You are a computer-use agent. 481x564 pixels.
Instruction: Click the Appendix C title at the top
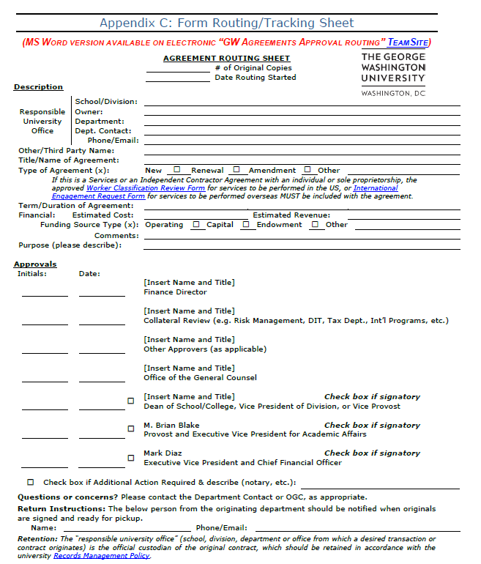[x=226, y=23]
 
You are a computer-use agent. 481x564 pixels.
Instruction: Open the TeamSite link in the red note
[x=408, y=42]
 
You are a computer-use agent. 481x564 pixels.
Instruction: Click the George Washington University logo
[x=393, y=74]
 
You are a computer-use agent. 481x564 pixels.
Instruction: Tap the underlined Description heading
[x=38, y=87]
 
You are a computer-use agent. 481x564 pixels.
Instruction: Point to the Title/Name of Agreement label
[x=69, y=160]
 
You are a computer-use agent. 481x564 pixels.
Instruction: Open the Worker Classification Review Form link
[x=145, y=188]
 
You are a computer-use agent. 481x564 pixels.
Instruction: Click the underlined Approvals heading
[x=35, y=264]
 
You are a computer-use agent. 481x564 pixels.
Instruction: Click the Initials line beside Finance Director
[x=45, y=294]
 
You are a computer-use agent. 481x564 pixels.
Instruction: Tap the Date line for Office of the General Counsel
[x=102, y=379]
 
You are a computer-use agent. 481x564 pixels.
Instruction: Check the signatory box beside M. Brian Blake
[x=131, y=429]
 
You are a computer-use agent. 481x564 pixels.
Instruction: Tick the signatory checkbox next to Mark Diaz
[x=131, y=458]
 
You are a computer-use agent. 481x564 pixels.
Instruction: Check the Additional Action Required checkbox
[x=31, y=483]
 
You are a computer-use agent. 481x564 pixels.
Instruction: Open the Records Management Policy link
[x=102, y=556]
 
